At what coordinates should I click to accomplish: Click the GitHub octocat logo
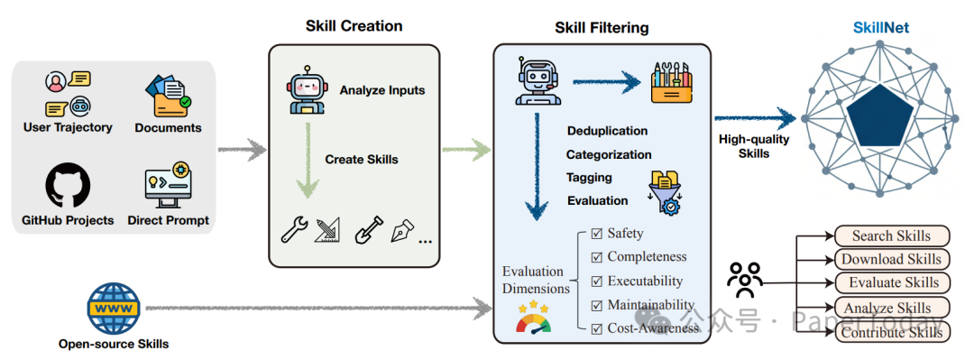tap(68, 185)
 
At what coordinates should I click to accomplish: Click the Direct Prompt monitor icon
tap(168, 185)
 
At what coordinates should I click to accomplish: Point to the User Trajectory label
tap(68, 128)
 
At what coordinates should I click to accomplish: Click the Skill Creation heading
tap(354, 25)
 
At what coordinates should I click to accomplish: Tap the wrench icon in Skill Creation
tap(295, 230)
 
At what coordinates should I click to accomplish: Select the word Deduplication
tap(607, 131)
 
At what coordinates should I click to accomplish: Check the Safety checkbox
tap(596, 234)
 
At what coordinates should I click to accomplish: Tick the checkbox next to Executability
tap(596, 282)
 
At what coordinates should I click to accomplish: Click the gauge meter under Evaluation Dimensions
tap(533, 319)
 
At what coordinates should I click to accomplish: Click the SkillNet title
tap(881, 28)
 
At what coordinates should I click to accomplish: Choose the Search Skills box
tap(891, 236)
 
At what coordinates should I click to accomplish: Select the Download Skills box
tap(891, 260)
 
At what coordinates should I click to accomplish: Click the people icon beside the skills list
tap(745, 281)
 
